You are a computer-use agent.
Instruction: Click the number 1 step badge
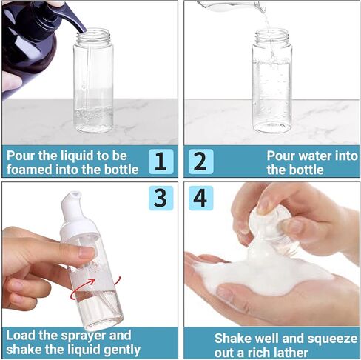point(161,161)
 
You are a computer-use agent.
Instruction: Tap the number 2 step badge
point(200,161)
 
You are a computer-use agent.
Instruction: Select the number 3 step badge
point(161,198)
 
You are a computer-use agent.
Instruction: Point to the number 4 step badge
point(200,198)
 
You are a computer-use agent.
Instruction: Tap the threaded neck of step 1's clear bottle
point(93,36)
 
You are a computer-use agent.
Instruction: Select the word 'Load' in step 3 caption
point(21,336)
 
